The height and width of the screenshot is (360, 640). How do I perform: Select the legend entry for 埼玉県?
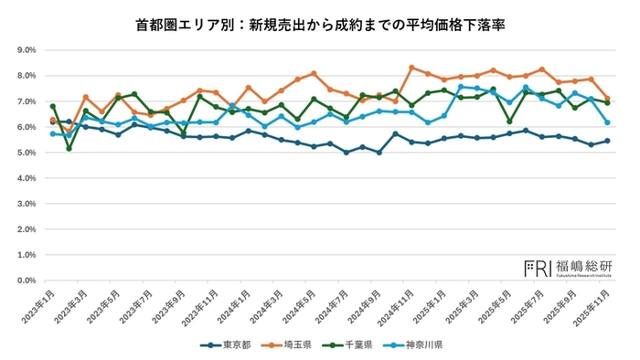coord(292,345)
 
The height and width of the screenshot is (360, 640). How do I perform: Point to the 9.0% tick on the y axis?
coord(23,50)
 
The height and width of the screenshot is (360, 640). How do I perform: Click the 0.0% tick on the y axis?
coord(23,281)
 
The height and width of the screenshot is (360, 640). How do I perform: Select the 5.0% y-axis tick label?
coord(23,153)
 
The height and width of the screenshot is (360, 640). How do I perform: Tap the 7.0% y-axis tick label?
coord(23,101)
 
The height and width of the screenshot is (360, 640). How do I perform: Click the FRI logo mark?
coord(536,268)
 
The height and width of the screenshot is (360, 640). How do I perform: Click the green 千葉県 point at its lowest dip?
coord(69,148)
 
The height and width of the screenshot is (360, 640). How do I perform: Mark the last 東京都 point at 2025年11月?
coord(607,141)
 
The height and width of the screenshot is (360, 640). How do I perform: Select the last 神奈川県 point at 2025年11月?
coord(607,122)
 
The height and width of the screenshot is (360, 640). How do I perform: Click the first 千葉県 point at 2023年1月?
coord(53,106)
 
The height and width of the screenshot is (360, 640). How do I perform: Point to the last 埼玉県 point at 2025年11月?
coord(607,99)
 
